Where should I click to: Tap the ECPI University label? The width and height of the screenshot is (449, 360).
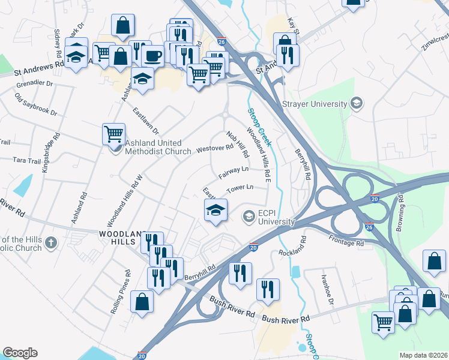[x=277, y=217]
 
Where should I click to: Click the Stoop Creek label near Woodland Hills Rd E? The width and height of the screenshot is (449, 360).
[x=259, y=127]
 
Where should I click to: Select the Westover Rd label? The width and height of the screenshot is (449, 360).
[x=214, y=148]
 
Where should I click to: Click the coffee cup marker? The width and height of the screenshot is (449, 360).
[x=153, y=56]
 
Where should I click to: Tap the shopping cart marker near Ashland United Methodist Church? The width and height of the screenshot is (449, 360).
[x=113, y=133]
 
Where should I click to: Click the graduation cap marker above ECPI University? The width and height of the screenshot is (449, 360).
[x=215, y=210]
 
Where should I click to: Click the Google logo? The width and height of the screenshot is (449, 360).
[x=20, y=353]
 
